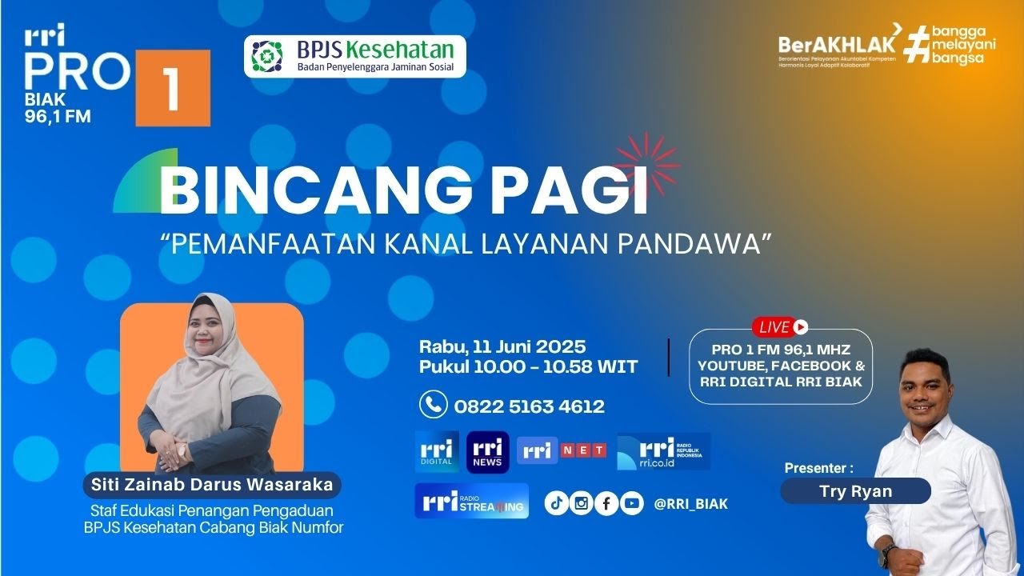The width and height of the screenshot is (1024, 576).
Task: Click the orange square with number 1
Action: point(173,88)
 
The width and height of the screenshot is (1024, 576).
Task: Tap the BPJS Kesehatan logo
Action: point(354,56)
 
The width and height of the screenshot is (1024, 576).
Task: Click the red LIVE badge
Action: point(779,326)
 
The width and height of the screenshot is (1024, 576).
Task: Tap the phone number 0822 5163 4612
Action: point(529,406)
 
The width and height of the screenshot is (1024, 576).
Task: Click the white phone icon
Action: point(433,405)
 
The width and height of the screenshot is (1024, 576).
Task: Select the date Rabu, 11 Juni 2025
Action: point(502,347)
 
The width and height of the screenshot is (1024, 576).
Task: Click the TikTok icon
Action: point(557,503)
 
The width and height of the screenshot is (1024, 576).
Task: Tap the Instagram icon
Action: point(582,503)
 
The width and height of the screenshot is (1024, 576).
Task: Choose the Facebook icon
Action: point(606,503)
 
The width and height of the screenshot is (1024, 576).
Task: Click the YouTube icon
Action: point(631,503)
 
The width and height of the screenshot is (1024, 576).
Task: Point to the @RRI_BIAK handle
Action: point(690,504)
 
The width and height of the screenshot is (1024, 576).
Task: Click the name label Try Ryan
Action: point(855,491)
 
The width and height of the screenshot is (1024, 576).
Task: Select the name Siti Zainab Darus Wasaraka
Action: point(212,485)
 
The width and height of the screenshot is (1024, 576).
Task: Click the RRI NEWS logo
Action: point(487,452)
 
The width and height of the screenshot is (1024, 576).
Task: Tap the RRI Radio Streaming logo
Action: point(471,501)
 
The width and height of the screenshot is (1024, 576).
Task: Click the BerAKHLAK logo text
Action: point(837,44)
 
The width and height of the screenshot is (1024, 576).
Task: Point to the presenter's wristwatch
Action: point(888,551)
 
